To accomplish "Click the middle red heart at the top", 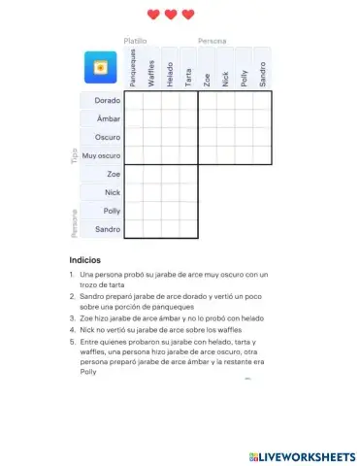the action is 171,15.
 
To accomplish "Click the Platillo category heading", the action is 135,42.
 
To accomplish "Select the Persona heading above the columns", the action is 213,42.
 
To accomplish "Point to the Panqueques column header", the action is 134,71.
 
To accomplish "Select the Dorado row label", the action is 107,100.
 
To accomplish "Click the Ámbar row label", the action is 108,118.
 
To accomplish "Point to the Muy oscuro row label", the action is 102,155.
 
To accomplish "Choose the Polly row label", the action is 112,211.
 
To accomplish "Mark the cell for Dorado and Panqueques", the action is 134,100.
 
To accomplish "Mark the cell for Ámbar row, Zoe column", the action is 208,118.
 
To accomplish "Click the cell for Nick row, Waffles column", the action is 152,192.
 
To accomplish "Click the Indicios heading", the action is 84,260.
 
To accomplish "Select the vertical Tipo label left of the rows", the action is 74,155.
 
